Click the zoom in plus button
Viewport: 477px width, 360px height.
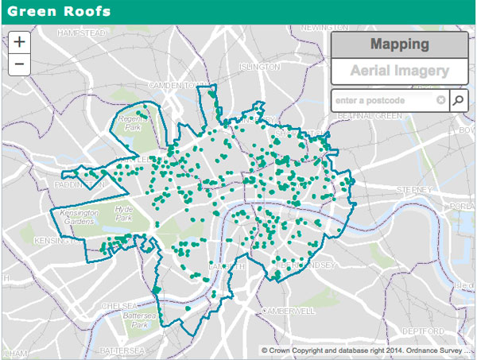19,43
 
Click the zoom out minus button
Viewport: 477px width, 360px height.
19,64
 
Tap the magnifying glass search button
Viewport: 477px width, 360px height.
460,101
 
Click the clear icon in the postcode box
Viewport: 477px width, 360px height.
440,101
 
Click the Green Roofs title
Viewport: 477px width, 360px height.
55,12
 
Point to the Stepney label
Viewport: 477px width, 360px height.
414,190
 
